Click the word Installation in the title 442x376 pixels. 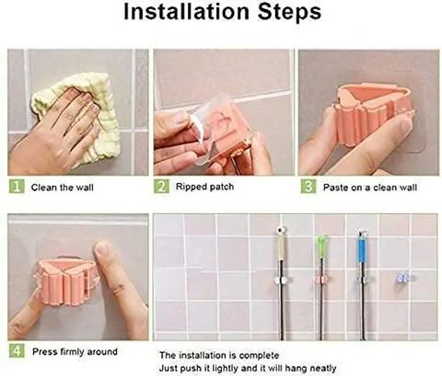187,12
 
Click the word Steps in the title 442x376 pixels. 289,12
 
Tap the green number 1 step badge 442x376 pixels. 17,187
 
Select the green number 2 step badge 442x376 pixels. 161,187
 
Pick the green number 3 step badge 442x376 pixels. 308,187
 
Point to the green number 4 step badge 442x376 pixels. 17,350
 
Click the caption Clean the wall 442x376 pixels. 63,188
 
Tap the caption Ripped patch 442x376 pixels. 204,187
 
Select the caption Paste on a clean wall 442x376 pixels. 370,188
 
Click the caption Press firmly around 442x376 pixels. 75,351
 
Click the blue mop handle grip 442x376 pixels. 362,250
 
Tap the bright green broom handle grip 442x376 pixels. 321,246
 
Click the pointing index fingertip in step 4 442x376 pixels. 102,249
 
